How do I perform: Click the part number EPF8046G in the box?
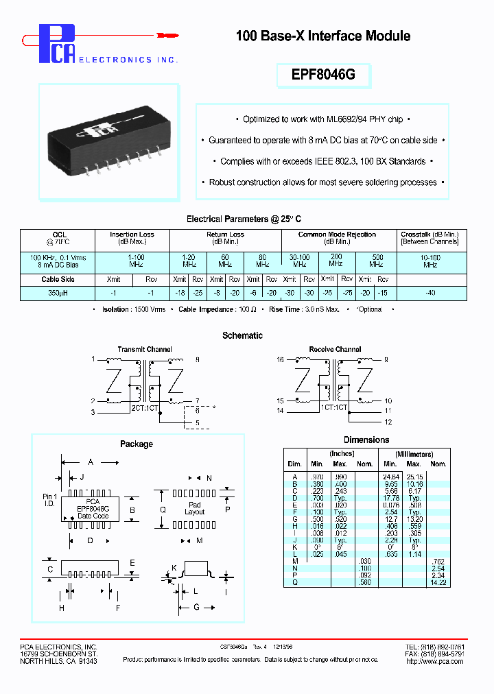pyautogui.click(x=323, y=75)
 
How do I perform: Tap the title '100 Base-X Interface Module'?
pyautogui.click(x=323, y=36)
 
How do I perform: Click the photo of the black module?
pyautogui.click(x=108, y=142)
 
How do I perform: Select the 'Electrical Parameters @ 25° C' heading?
pyautogui.click(x=243, y=219)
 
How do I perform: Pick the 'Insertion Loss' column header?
pyautogui.click(x=132, y=235)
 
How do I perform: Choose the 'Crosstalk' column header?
pyautogui.click(x=430, y=235)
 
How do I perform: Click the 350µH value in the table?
pyautogui.click(x=58, y=292)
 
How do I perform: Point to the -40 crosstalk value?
pyautogui.click(x=430, y=292)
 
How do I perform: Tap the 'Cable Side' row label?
pyautogui.click(x=58, y=279)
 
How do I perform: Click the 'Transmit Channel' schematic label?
pyautogui.click(x=145, y=349)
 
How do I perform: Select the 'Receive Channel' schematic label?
pyautogui.click(x=335, y=349)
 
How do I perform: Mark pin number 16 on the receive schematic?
pyautogui.click(x=280, y=359)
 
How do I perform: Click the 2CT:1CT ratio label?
pyautogui.click(x=144, y=407)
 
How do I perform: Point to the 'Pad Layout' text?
pyautogui.click(x=195, y=508)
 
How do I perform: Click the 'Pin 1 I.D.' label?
pyautogui.click(x=50, y=500)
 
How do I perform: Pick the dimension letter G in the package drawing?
pyautogui.click(x=196, y=608)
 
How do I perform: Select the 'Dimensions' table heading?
pyautogui.click(x=366, y=440)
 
